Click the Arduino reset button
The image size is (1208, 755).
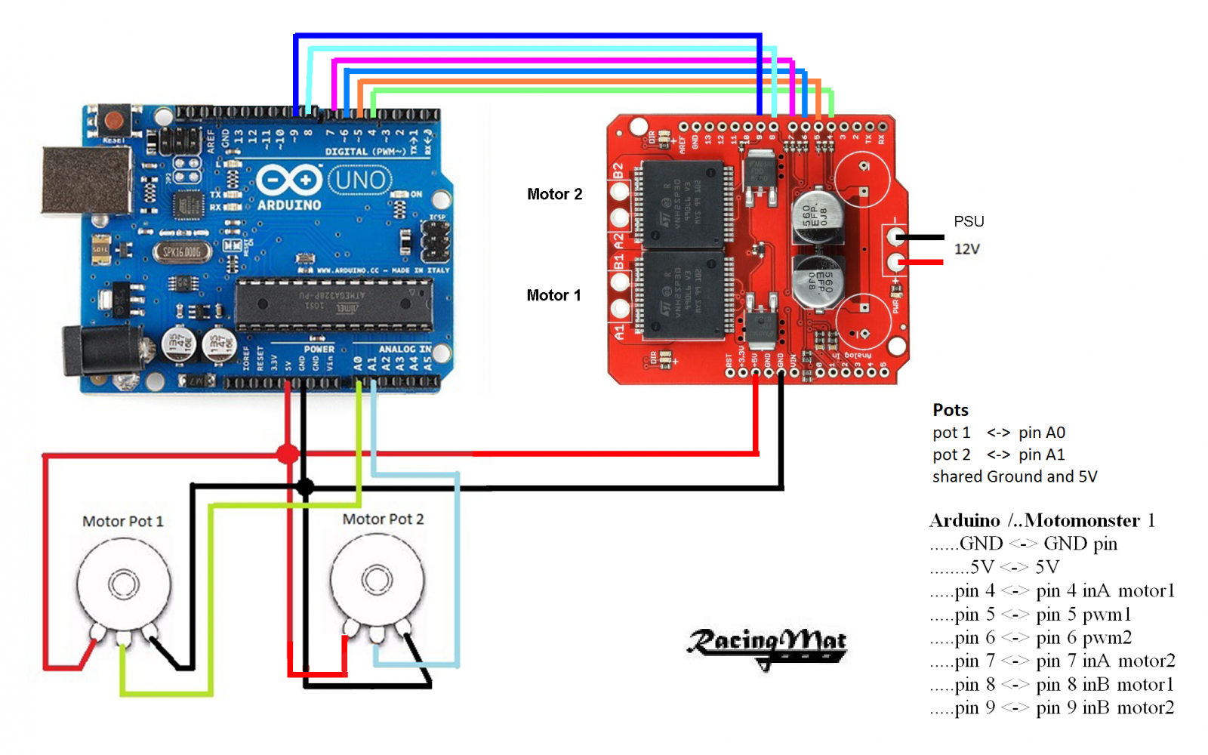click(114, 121)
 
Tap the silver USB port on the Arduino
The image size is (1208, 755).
click(85, 180)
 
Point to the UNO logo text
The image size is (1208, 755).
click(360, 180)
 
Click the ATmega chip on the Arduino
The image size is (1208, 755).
click(334, 304)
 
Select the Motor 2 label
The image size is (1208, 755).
click(554, 194)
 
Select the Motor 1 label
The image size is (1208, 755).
click(553, 295)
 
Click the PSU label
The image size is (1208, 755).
click(969, 221)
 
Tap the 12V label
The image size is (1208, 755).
click(966, 249)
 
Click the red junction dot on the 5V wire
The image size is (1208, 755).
click(287, 454)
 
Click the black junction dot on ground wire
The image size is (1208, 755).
click(304, 487)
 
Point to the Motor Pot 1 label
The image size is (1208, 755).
click(122, 521)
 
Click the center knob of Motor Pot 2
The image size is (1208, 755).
click(377, 580)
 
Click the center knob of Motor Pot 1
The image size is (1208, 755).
click(123, 584)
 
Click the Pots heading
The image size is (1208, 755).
click(950, 410)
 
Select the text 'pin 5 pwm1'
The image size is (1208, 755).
click(1083, 615)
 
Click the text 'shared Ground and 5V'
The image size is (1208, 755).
click(1014, 476)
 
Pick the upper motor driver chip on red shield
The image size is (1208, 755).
click(682, 204)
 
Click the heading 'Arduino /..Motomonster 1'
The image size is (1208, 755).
click(1042, 520)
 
